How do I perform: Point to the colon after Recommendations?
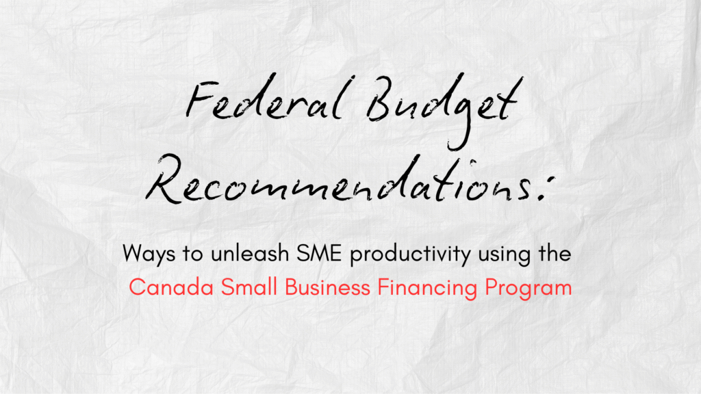click(546, 187)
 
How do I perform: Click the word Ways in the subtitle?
click(149, 254)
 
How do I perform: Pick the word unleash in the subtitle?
click(250, 253)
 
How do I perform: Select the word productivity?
click(410, 254)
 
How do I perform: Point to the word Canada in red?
click(171, 287)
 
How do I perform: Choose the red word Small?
click(249, 287)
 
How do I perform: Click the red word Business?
click(328, 287)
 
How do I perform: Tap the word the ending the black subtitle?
click(555, 253)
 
